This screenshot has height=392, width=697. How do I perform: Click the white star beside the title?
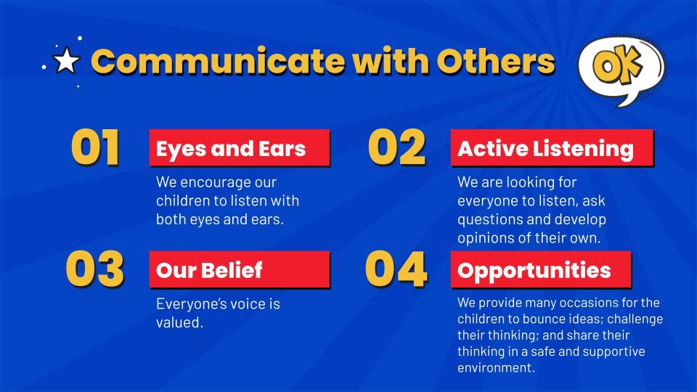tap(66, 60)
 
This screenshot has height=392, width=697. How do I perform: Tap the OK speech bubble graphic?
tap(621, 70)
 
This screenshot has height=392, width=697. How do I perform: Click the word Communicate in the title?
tap(218, 60)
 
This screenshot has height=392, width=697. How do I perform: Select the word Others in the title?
tap(496, 60)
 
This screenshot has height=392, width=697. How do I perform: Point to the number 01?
tap(95, 147)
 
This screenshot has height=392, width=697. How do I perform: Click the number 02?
tap(396, 147)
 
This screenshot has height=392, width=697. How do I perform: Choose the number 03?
tap(94, 269)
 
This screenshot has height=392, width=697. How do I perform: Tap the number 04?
tap(396, 269)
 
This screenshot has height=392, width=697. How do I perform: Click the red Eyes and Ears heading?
tap(240, 148)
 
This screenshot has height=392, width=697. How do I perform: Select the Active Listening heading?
tap(552, 148)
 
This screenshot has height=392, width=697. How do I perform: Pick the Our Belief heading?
tap(240, 269)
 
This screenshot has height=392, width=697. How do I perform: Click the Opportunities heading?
tap(541, 269)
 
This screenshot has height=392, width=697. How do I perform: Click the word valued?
tap(179, 322)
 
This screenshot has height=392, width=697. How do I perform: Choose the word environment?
tap(496, 368)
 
